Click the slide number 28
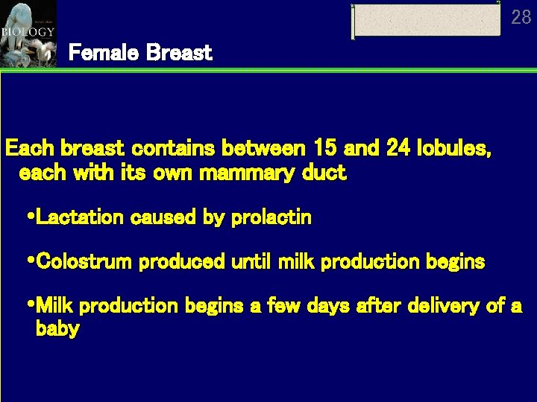pos(521,17)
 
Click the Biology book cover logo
pos(28,33)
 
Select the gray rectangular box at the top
pos(427,20)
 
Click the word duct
pos(326,173)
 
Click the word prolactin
pos(271,217)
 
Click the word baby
pos(57,329)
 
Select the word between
pos(263,149)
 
